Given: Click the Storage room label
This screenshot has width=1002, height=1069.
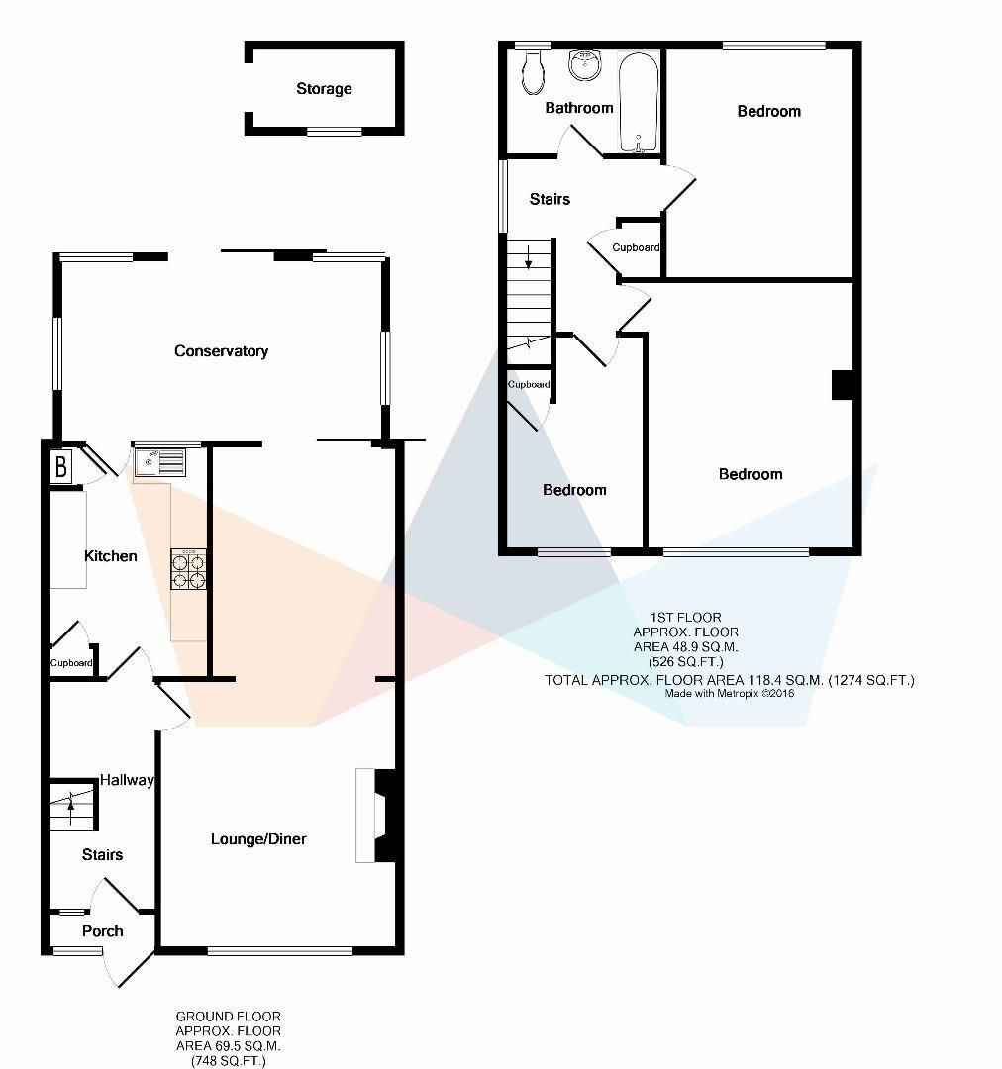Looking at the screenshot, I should point(324,89).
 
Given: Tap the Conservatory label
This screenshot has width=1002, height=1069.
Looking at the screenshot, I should point(221,351).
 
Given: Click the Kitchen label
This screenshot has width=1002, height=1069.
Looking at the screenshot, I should point(110,556).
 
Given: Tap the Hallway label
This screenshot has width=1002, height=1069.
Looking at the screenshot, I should point(127,780).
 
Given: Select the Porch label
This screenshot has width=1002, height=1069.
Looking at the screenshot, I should point(102,931).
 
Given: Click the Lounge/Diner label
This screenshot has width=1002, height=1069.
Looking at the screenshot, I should point(258,839).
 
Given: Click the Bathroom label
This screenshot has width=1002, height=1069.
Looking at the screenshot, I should point(579,108).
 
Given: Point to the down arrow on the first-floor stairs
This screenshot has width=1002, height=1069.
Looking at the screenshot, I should point(529,260).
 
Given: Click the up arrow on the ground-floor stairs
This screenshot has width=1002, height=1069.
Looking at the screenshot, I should point(71,802).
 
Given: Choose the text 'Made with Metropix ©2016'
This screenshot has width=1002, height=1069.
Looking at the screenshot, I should point(730,694).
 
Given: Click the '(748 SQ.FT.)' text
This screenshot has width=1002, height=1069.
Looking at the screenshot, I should point(228,1060).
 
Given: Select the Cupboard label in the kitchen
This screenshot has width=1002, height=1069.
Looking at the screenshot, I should point(72,663).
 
